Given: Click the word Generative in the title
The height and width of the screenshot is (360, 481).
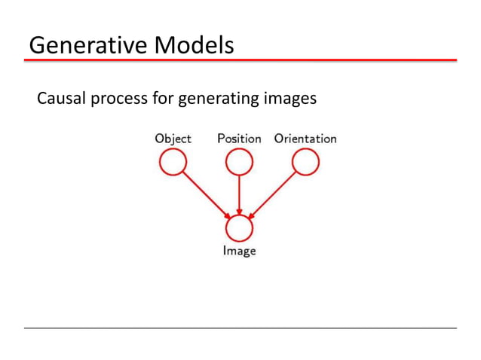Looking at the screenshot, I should (x=86, y=46).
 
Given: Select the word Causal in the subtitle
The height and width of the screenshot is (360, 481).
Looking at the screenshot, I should (x=59, y=99).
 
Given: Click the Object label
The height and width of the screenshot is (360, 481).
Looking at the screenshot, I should (x=173, y=139).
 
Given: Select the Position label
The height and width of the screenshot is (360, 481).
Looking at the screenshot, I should (x=238, y=139).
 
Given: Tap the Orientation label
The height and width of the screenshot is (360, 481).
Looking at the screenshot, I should (x=305, y=139).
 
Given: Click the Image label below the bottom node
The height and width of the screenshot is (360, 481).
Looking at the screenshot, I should (x=239, y=251).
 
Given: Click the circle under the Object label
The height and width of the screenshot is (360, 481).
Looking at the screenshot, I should (x=173, y=162).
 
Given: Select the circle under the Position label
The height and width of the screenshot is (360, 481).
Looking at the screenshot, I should (x=239, y=162).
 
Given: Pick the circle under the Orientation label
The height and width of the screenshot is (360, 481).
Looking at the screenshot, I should (x=305, y=162).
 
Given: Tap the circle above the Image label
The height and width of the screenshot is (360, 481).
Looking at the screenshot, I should (x=239, y=227).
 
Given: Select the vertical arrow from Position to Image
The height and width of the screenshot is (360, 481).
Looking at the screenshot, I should (x=239, y=193).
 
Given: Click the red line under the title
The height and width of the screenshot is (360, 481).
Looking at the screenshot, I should (x=240, y=59).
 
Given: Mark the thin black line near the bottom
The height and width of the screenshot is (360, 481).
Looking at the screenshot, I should (x=240, y=328).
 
